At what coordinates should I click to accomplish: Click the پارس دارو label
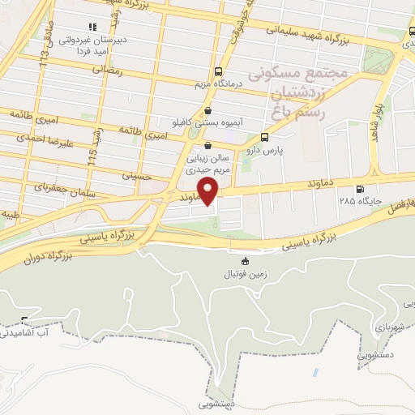(x=263, y=151)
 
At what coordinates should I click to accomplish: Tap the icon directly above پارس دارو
(x=263, y=137)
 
